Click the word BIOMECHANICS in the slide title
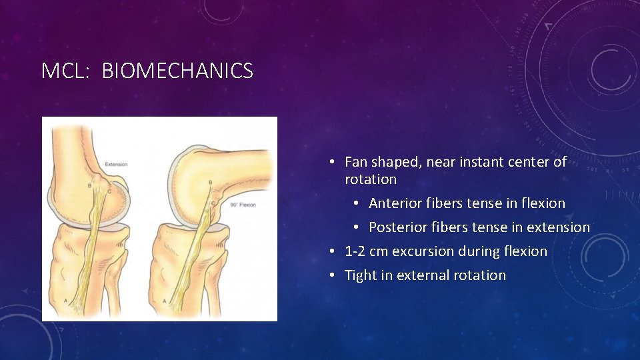click(177, 71)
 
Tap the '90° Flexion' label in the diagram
click(242, 204)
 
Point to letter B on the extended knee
click(89, 185)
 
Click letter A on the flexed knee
click(165, 301)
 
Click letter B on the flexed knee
click(211, 182)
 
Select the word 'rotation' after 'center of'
click(370, 179)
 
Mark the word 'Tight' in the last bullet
click(360, 275)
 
